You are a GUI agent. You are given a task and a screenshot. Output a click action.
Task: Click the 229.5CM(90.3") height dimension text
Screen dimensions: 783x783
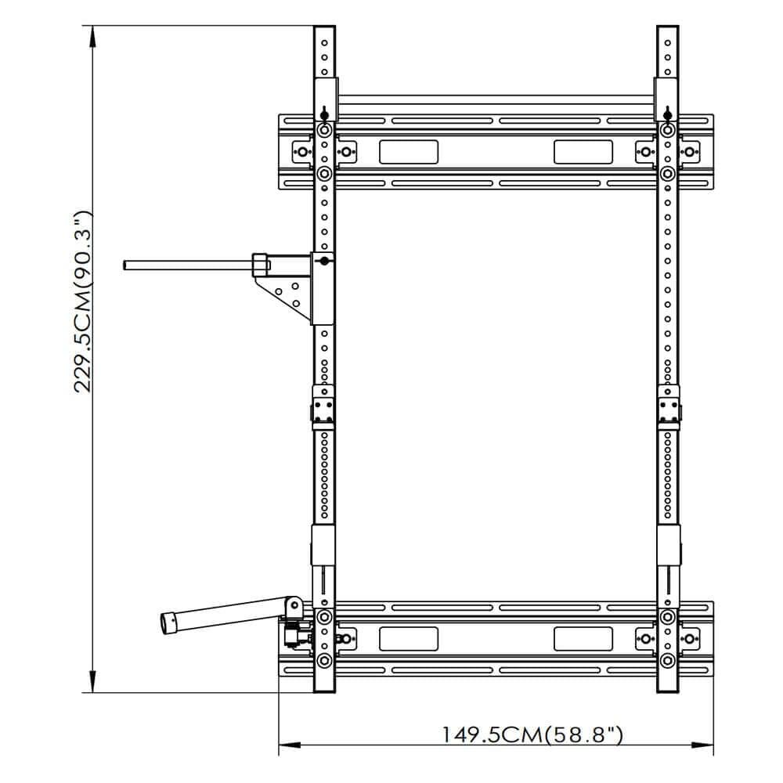click(85, 301)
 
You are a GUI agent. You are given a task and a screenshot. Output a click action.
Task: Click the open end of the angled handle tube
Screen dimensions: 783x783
click(168, 622)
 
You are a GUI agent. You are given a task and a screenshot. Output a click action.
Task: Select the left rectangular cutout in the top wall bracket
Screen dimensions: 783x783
click(408, 151)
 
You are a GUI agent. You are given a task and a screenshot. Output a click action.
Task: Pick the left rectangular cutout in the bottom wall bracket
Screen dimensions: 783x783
click(408, 638)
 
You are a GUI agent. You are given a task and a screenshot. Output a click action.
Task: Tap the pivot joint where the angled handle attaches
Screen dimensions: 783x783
click(294, 607)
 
